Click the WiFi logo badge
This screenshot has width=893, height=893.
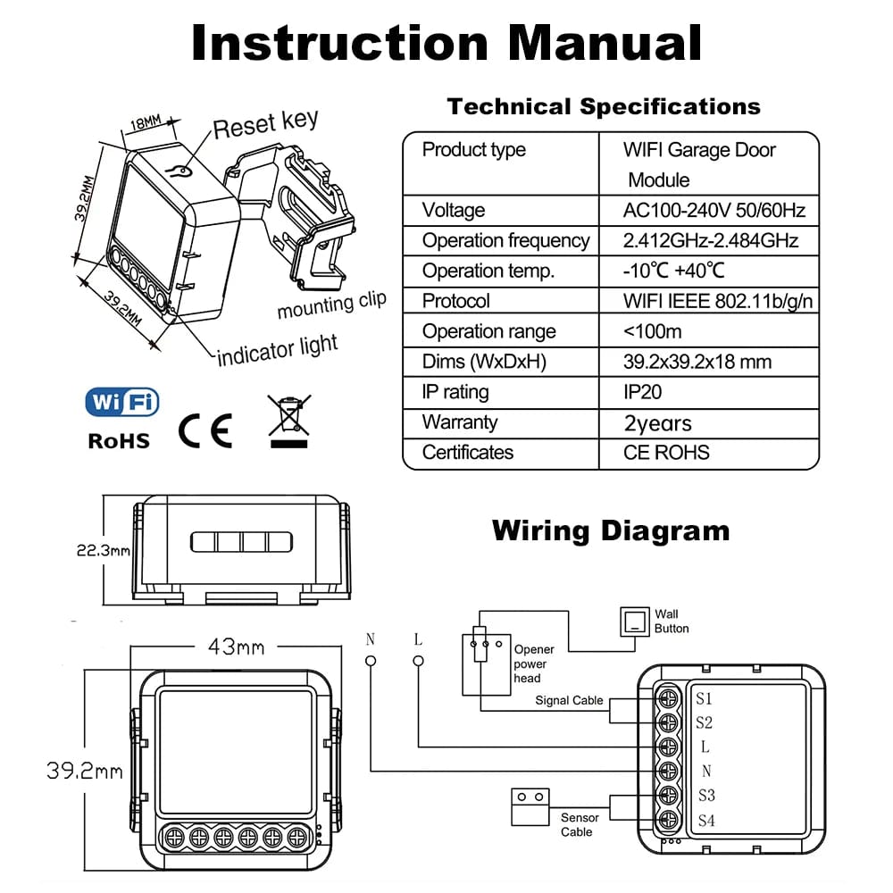click(122, 403)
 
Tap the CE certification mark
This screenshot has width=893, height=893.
click(205, 430)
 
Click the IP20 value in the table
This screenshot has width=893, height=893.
click(643, 392)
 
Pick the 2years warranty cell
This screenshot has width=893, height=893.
click(658, 422)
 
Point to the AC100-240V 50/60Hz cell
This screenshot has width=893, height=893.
click(714, 211)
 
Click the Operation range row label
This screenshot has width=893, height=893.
click(489, 331)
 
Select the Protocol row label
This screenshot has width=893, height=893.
click(456, 301)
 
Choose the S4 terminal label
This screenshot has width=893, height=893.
click(705, 820)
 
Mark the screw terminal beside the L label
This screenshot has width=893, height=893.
click(666, 746)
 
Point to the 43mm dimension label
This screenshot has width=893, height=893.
click(237, 647)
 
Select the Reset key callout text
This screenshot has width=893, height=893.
click(265, 125)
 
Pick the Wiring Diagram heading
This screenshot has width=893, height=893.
click(611, 531)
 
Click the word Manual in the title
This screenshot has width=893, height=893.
click(600, 43)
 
